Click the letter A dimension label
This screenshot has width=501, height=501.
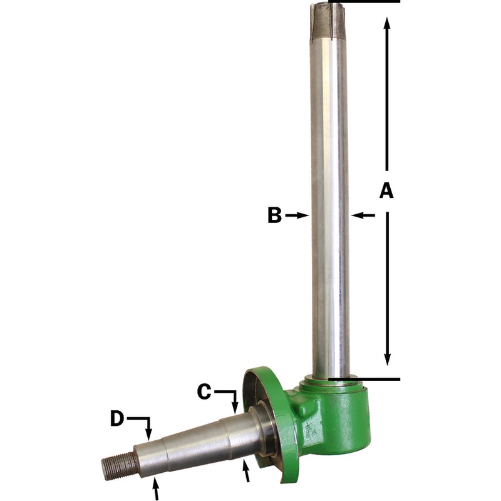386,190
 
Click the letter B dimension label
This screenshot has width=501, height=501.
274,215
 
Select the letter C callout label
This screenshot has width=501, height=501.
204,392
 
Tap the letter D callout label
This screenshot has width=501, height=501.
117,418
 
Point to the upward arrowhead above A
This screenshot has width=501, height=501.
387,24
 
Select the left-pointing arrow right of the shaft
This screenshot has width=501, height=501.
363,215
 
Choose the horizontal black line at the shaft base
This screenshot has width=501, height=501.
376,379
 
